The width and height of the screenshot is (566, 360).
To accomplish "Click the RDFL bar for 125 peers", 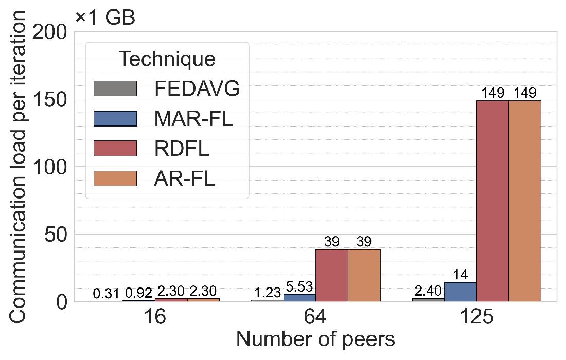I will click(x=492, y=201).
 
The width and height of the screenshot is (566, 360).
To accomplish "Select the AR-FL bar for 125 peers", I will click(x=525, y=201).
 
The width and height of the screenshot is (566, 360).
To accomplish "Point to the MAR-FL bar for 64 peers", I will click(x=299, y=297).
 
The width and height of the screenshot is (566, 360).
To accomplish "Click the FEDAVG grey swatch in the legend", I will click(x=115, y=88).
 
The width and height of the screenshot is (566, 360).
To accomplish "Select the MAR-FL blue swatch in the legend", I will click(x=115, y=118).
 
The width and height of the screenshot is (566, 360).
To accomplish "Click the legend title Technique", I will click(x=167, y=59).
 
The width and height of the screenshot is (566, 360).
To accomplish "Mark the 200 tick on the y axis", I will click(x=51, y=32).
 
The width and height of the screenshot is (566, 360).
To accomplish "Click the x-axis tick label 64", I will click(x=315, y=317).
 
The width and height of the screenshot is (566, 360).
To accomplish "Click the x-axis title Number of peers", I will click(x=315, y=340).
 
